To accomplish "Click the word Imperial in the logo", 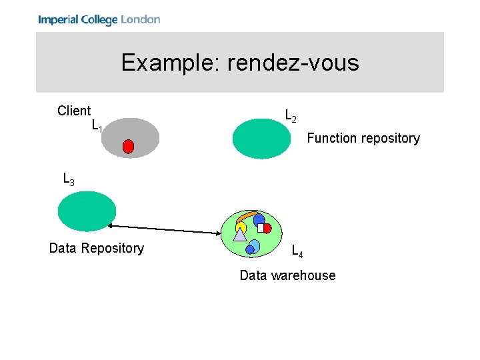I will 58,19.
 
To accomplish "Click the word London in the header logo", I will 140,19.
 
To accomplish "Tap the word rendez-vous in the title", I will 293,63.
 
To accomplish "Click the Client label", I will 74,111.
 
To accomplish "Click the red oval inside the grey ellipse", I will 128,147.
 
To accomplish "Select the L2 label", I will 291,116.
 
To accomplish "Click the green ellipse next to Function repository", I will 262,139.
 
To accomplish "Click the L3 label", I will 68,179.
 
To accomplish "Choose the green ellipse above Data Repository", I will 87,211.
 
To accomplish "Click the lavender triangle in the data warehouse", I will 240,234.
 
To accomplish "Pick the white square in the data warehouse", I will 261,227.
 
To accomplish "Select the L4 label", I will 297,251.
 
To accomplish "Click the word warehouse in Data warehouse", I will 304,275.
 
